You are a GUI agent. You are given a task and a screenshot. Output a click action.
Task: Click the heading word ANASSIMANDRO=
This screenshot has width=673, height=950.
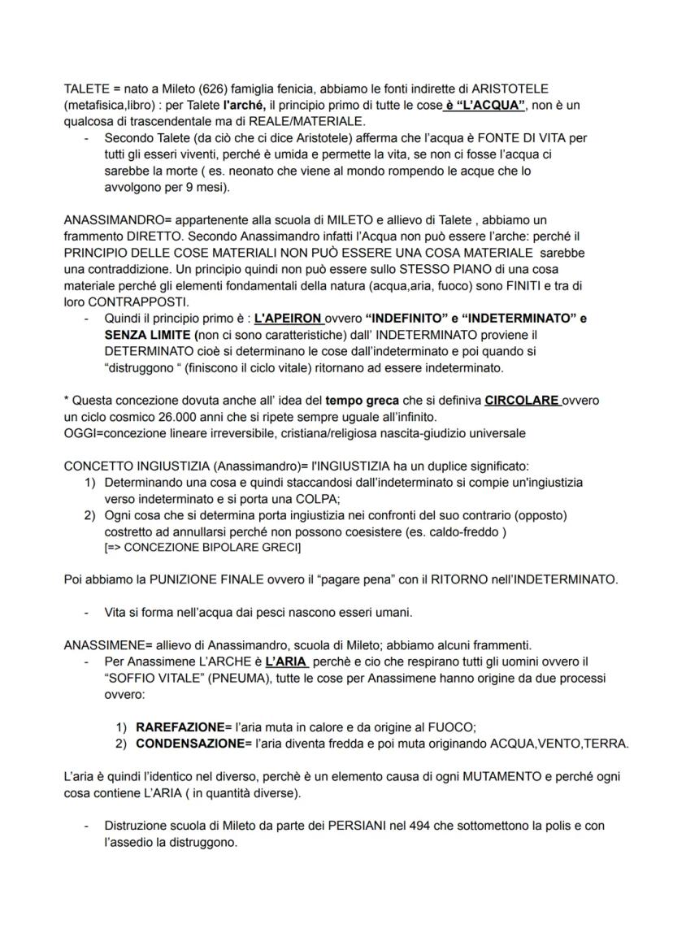click(x=118, y=220)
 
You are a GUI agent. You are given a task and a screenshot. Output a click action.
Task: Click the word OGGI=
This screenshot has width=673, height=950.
click(x=82, y=432)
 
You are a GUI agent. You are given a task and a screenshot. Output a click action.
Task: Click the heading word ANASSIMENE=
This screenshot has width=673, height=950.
click(x=108, y=645)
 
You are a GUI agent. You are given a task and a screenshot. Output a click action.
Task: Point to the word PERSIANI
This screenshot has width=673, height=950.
click(x=356, y=826)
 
